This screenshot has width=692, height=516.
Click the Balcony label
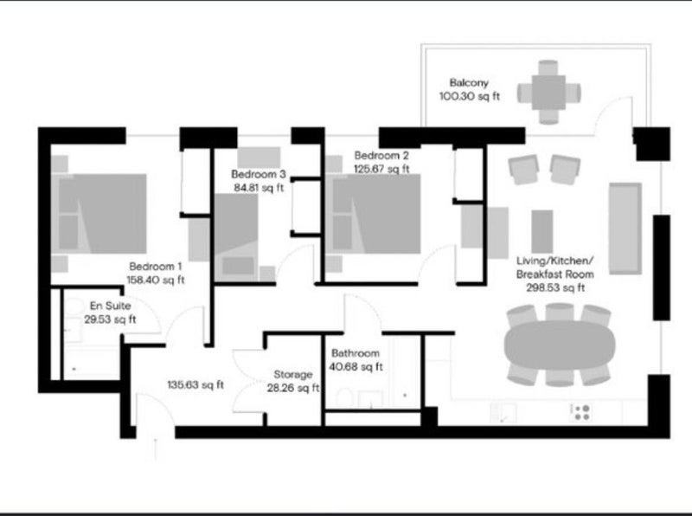tap(469, 82)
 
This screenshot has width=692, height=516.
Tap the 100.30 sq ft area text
tap(470, 96)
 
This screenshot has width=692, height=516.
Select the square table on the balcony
tap(548, 93)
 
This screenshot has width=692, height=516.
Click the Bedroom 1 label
tap(156, 267)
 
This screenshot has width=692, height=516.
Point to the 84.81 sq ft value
tap(259, 188)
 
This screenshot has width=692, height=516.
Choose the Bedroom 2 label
tap(381, 156)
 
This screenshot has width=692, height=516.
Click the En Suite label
tap(111, 306)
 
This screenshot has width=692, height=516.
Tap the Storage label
tap(293, 375)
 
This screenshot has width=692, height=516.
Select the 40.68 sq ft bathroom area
tap(356, 367)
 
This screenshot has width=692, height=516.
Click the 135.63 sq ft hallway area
tap(195, 384)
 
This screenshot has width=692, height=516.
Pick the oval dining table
tap(560, 345)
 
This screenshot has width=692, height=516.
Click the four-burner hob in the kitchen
tap(581, 413)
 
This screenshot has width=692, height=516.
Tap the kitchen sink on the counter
tap(503, 413)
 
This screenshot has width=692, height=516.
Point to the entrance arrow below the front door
tap(156, 449)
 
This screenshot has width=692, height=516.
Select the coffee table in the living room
tap(542, 231)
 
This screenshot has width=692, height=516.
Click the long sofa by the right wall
tap(625, 229)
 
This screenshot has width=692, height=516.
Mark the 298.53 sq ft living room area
tap(555, 288)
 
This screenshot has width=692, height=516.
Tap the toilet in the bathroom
tap(344, 398)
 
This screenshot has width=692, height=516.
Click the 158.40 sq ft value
tap(156, 281)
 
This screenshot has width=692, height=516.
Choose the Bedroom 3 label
tap(259, 174)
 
